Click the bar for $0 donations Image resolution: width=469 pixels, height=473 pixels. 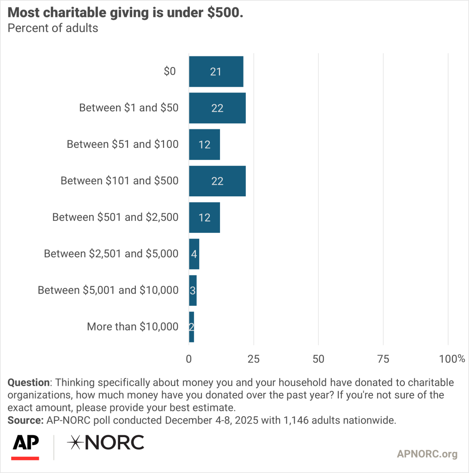[216, 72]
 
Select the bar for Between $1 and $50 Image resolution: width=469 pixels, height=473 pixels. [217, 108]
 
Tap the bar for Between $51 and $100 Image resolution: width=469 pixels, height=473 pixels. [204, 144]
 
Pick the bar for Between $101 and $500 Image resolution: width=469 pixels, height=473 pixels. [217, 181]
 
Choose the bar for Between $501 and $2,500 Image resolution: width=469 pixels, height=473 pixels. [204, 217]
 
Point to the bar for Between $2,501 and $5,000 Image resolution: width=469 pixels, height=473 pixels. [194, 254]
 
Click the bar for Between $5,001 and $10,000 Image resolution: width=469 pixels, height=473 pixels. [193, 290]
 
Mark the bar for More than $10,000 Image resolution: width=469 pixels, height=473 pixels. [191, 327]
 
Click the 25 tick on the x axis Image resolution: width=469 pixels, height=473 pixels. [254, 359]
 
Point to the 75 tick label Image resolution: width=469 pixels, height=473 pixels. [383, 359]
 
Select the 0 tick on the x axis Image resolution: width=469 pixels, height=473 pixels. [189, 359]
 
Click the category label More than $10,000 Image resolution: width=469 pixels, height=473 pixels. [133, 327]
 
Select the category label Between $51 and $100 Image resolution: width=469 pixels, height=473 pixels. [122, 144]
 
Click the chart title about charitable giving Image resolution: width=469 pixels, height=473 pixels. [125, 13]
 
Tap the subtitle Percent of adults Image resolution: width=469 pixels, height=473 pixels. [53, 28]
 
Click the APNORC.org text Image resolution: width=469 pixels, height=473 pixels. [427, 454]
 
